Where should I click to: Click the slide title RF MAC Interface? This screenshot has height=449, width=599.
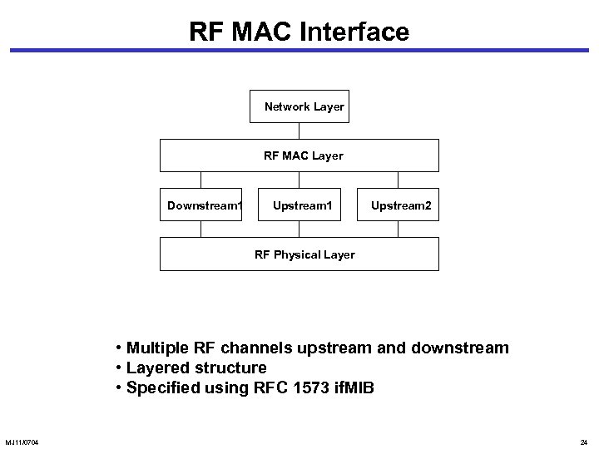tap(299, 32)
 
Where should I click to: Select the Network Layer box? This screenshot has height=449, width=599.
tap(299, 106)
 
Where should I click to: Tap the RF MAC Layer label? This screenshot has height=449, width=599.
tap(304, 155)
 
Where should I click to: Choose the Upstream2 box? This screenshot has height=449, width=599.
tap(400, 205)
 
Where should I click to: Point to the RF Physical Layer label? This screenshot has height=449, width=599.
tap(304, 254)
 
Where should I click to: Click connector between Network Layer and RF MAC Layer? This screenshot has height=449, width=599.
tap(299, 131)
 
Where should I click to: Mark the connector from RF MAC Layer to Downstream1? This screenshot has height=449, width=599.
tap(200, 180)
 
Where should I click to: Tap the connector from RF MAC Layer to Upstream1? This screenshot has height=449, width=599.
tap(299, 180)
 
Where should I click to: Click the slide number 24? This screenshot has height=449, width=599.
tap(583, 441)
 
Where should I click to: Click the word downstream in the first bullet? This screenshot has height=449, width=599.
tap(463, 348)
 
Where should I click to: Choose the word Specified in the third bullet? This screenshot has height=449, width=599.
tap(162, 387)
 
